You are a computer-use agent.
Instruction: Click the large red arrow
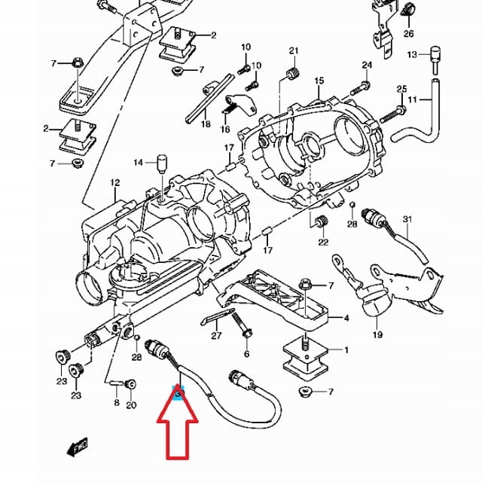click(177, 437)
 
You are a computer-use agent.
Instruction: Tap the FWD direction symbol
click(78, 449)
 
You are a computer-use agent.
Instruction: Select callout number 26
click(408, 33)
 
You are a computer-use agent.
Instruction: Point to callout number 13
click(411, 55)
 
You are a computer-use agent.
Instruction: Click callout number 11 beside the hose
click(412, 99)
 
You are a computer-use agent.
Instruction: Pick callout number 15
click(319, 81)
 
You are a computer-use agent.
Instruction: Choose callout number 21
click(294, 50)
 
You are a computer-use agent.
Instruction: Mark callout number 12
click(114, 183)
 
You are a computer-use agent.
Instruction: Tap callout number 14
click(138, 163)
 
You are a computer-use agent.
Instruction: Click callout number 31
click(407, 219)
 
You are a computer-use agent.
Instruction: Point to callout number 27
click(217, 336)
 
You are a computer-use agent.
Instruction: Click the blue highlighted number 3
click(178, 393)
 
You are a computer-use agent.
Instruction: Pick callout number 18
click(206, 124)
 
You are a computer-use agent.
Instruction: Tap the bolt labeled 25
click(386, 117)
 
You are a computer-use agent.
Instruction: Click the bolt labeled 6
click(246, 331)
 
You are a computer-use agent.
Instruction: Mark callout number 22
click(323, 242)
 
